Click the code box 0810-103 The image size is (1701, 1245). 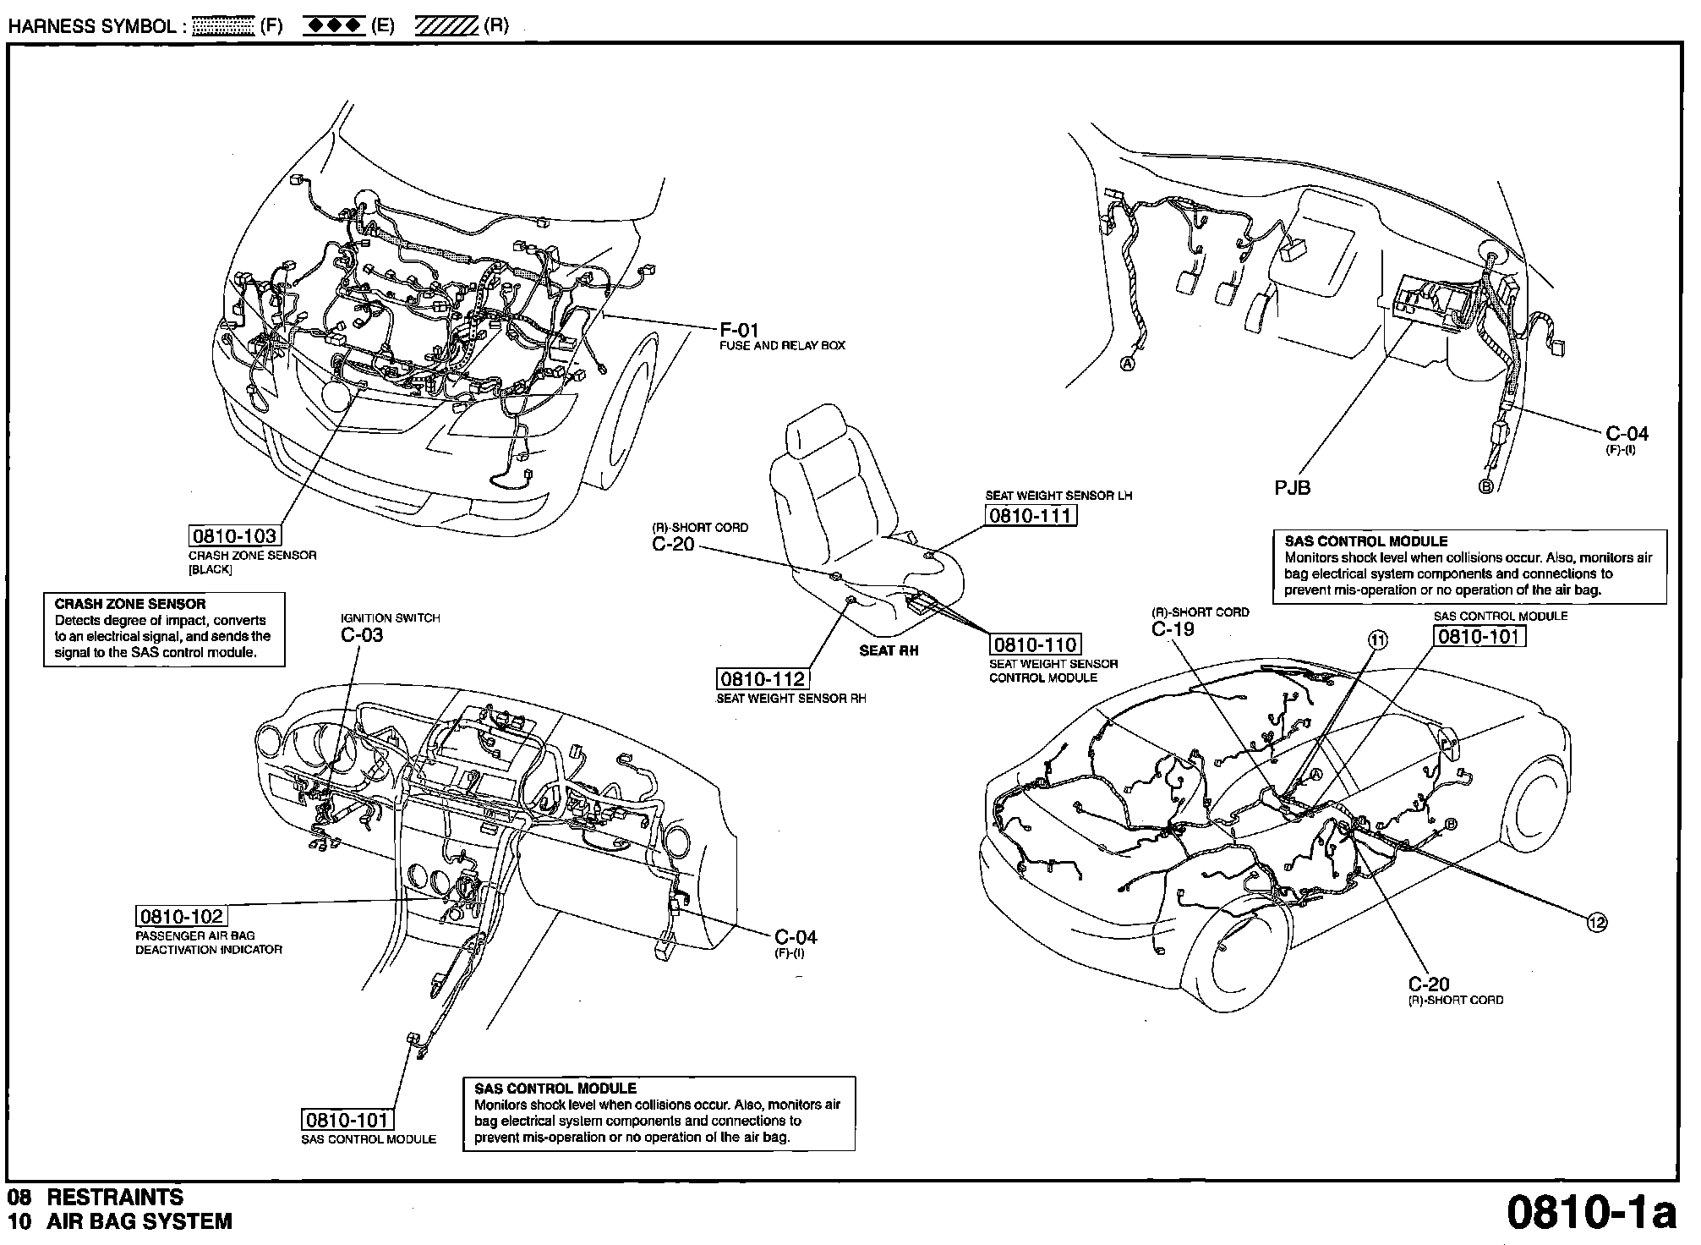(x=234, y=535)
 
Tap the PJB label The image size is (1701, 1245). (x=1293, y=487)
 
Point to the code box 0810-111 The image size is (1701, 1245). (x=1031, y=515)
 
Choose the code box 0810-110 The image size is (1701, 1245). (x=1036, y=645)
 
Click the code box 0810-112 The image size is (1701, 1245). (x=762, y=678)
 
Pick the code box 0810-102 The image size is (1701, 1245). (x=182, y=916)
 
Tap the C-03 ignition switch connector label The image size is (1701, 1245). (x=362, y=635)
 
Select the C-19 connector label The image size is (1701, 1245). (x=1173, y=629)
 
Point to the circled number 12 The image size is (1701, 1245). (x=1597, y=923)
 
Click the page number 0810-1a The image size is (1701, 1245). (x=1591, y=1214)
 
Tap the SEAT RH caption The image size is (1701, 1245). (x=889, y=650)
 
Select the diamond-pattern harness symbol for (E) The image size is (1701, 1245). (x=335, y=26)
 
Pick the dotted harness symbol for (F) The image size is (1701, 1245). (x=223, y=26)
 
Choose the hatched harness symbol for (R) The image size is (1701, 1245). (x=446, y=26)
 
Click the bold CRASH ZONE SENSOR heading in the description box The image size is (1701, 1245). (x=130, y=604)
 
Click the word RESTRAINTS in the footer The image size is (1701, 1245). (x=115, y=1198)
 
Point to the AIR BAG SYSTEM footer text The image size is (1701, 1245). (x=139, y=1221)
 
